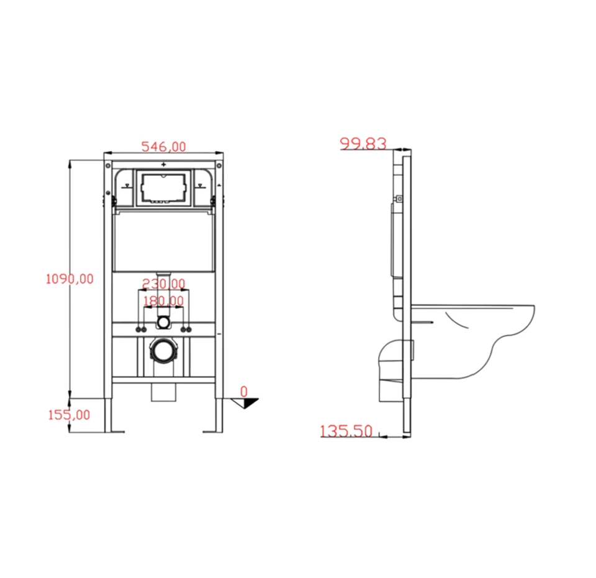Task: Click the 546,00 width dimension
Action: [163, 147]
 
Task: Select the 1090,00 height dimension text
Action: [70, 279]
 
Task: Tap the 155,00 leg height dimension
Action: [69, 415]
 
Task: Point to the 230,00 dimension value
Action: [163, 284]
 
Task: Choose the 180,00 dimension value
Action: [163, 301]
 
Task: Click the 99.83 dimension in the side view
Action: [363, 144]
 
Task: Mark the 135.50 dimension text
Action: [346, 431]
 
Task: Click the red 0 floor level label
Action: [244, 392]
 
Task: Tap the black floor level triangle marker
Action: [250, 403]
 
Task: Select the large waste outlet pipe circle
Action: [163, 352]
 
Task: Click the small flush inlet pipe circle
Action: [163, 322]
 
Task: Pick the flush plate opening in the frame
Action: [163, 187]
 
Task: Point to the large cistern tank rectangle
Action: [163, 241]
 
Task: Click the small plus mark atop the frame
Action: [163, 165]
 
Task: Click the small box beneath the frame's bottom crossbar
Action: [163, 393]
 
